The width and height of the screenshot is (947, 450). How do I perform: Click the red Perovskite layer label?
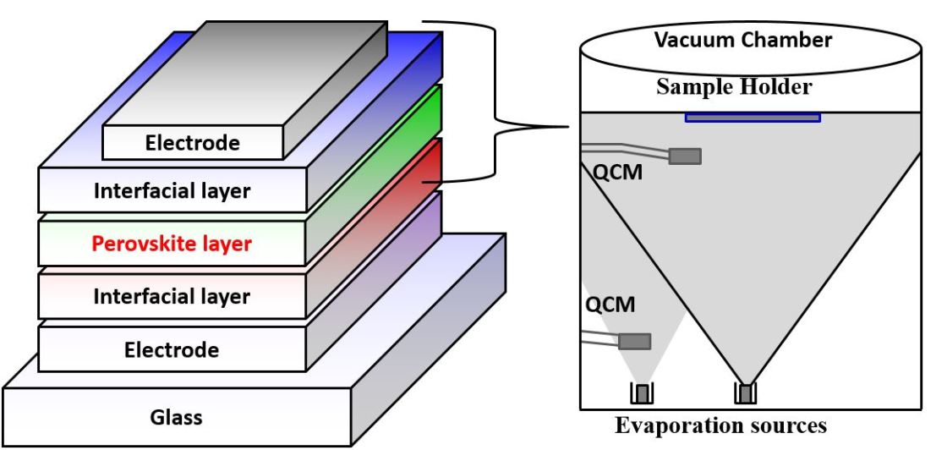pyautogui.click(x=171, y=244)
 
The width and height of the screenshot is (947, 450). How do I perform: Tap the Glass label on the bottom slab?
pyautogui.click(x=176, y=417)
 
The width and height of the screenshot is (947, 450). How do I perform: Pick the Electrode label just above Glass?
pyautogui.click(x=172, y=349)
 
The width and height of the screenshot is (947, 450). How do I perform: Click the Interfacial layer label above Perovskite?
pyautogui.click(x=172, y=191)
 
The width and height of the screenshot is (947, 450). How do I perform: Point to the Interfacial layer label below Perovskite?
pyautogui.click(x=172, y=297)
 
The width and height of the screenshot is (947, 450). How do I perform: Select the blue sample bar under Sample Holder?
pyautogui.click(x=752, y=117)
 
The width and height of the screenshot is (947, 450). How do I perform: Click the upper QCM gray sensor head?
pyautogui.click(x=685, y=156)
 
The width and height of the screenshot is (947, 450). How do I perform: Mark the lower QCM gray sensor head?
pyautogui.click(x=635, y=341)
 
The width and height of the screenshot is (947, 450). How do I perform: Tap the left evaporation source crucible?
pyautogui.click(x=643, y=393)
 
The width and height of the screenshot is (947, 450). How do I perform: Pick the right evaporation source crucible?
pyautogui.click(x=745, y=393)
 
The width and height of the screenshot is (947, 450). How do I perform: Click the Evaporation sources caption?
pyautogui.click(x=720, y=425)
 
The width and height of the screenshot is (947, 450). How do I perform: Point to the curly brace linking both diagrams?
pyautogui.click(x=499, y=127)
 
